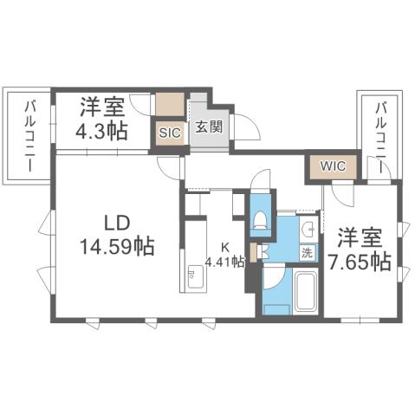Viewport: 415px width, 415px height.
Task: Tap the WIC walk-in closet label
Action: (324, 165)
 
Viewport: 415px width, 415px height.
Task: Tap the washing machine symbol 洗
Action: (308, 253)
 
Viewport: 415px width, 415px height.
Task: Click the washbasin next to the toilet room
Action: (308, 229)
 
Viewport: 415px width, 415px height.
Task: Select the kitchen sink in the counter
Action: (192, 279)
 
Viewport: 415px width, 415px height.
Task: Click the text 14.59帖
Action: (117, 246)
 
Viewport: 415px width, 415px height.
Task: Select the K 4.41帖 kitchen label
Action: (225, 252)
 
